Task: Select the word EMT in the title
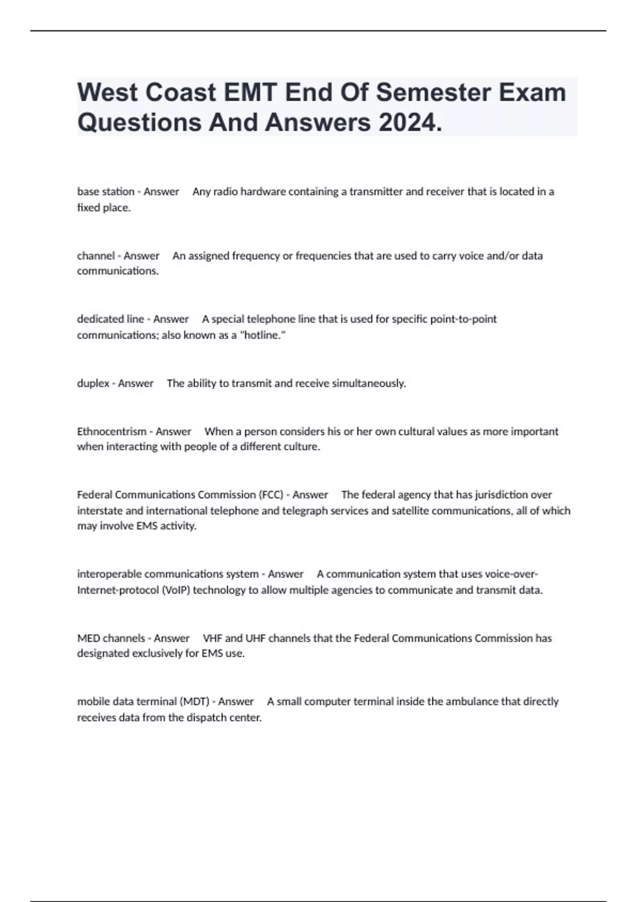coord(250,93)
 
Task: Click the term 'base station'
coord(106,192)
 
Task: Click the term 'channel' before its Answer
coord(96,256)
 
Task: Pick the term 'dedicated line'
coord(110,319)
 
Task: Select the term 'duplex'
coord(93,383)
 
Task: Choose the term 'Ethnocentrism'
coord(111,431)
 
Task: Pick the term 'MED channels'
coord(111,638)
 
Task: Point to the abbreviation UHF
coord(255,638)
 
